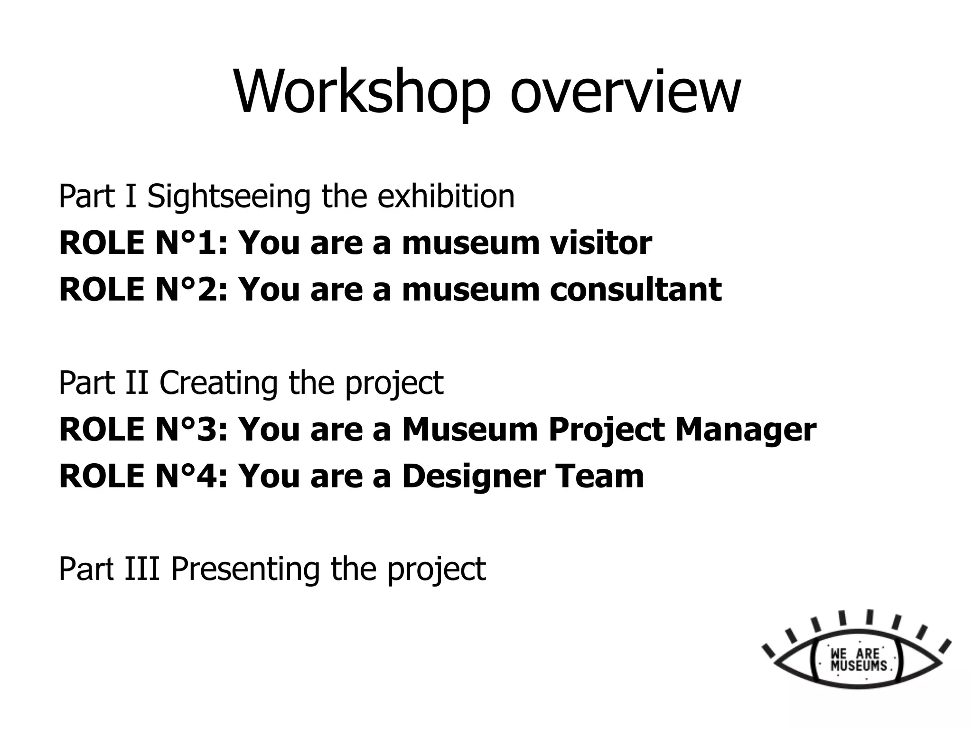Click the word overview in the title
[625, 93]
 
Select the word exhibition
[446, 196]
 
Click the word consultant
[636, 290]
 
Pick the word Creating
[218, 383]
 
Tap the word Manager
[745, 430]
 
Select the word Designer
[473, 476]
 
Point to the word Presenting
[245, 569]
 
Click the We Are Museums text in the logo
[858, 659]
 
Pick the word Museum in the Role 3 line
[469, 430]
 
